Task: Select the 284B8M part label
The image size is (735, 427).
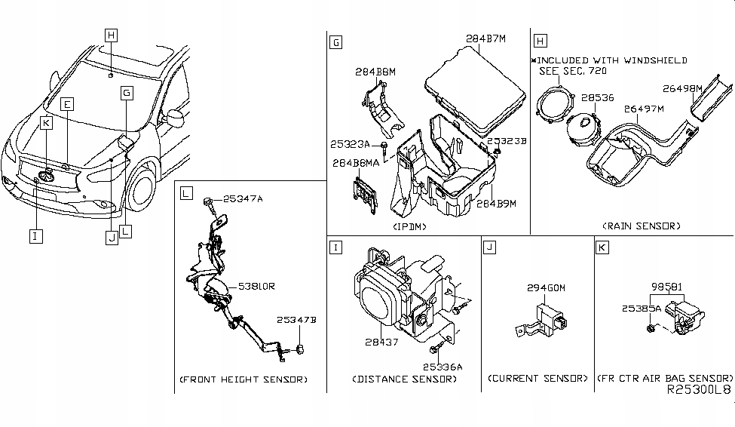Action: [375, 72]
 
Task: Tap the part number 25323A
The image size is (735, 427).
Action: [349, 144]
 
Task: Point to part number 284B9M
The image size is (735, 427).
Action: [495, 203]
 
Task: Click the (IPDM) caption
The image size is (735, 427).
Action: [410, 226]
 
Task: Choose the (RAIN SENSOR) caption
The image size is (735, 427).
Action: [641, 226]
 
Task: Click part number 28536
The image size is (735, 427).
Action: [597, 98]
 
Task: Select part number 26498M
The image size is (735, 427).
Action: [683, 88]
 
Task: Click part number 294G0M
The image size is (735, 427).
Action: [546, 288]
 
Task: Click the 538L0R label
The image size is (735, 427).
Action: [256, 287]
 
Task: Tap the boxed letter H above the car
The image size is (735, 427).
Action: [111, 35]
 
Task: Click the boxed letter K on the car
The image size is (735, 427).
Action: [46, 122]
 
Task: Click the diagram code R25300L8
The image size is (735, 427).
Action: [698, 392]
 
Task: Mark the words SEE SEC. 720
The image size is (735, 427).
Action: [572, 71]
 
